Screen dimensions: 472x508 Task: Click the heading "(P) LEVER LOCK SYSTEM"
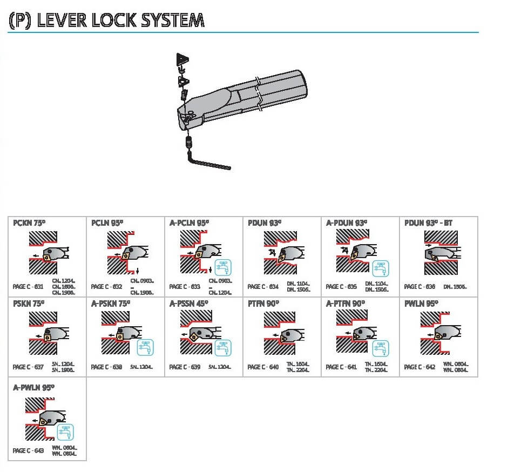(106, 20)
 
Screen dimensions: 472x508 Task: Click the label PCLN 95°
(107, 222)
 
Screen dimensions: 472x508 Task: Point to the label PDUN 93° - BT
(428, 222)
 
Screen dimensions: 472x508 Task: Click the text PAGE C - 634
(263, 287)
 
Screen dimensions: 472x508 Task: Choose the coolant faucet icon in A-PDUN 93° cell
(380, 267)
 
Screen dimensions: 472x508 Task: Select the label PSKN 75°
(29, 304)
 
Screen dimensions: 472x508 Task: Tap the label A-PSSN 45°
(189, 304)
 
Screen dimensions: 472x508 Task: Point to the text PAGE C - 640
(263, 367)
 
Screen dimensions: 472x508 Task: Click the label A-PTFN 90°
(346, 304)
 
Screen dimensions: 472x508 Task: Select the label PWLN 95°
(421, 304)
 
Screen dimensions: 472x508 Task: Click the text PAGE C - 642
(419, 367)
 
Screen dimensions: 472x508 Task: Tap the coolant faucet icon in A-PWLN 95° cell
(66, 431)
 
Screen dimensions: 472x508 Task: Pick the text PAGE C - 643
(28, 450)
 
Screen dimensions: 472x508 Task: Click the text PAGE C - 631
(28, 287)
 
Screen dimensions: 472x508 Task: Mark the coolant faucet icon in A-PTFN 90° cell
(380, 348)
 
